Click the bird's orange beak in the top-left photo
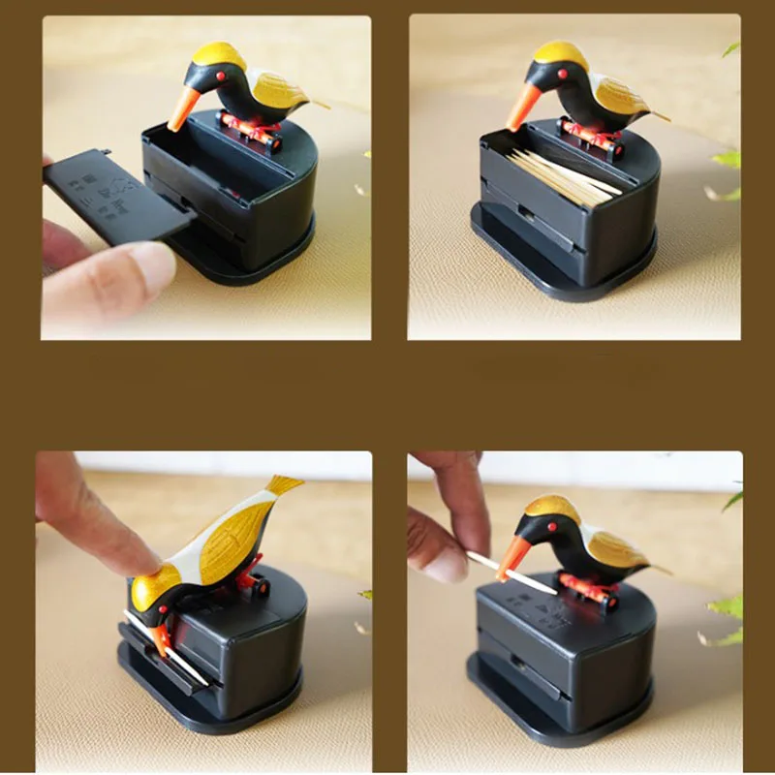(x=182, y=108)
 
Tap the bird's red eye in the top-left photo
(x=220, y=76)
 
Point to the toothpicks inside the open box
(x=562, y=174)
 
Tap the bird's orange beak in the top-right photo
(x=521, y=108)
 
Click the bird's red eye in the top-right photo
(x=560, y=74)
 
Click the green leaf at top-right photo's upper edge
(x=731, y=48)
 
